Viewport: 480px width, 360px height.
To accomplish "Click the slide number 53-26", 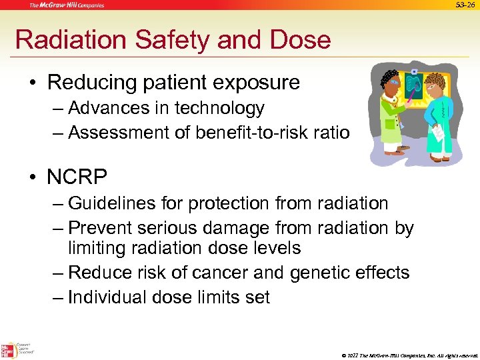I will [466, 5].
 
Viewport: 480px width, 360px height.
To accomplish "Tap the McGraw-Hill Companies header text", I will [65, 5].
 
